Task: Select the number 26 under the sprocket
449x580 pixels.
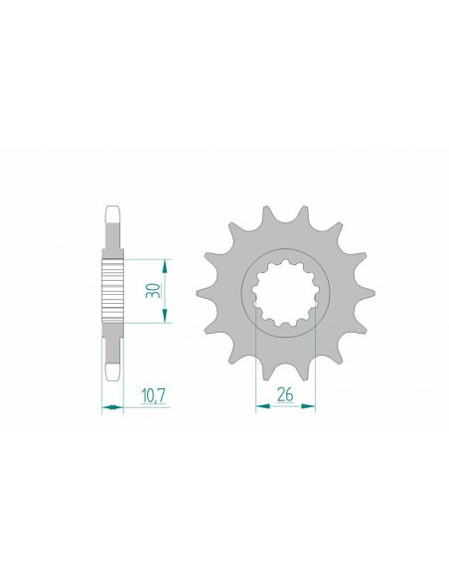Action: click(x=286, y=394)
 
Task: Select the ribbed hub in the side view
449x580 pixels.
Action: click(x=113, y=288)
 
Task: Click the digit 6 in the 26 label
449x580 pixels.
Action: click(x=291, y=394)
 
